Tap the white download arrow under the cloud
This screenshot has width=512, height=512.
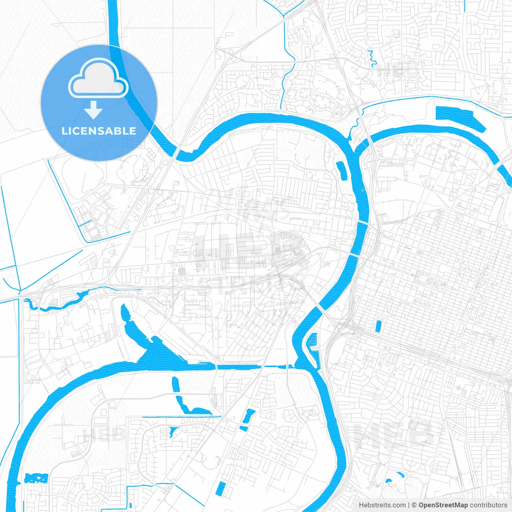pyautogui.click(x=94, y=110)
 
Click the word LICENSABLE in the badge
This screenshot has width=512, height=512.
pyautogui.click(x=99, y=131)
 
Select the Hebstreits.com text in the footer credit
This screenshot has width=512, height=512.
pyautogui.click(x=382, y=505)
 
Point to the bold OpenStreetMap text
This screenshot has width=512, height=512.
pyautogui.click(x=443, y=505)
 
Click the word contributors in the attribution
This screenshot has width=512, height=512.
pyautogui.click(x=488, y=505)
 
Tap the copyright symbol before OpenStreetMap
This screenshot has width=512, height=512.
pyautogui.click(x=414, y=505)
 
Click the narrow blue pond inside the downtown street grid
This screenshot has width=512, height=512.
pyautogui.click(x=378, y=326)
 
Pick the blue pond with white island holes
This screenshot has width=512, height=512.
pyautogui.click(x=36, y=478)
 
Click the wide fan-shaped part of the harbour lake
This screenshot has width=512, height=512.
pyautogui.click(x=160, y=354)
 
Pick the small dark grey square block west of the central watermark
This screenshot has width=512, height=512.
pyautogui.click(x=182, y=271)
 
